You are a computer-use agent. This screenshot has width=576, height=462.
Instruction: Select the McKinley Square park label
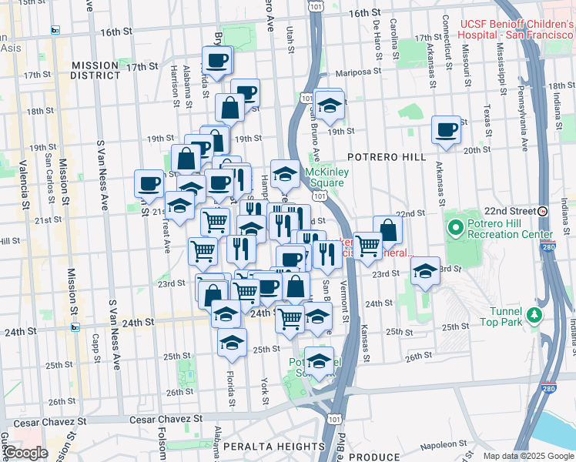(x=327, y=177)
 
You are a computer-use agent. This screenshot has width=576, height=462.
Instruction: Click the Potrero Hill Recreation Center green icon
(x=456, y=227)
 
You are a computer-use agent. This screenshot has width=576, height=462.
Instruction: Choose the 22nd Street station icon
(x=543, y=211)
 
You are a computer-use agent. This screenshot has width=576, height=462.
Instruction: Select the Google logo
(x=25, y=453)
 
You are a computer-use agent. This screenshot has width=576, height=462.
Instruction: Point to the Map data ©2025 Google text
(x=527, y=456)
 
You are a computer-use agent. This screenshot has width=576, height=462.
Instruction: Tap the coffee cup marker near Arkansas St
(x=446, y=130)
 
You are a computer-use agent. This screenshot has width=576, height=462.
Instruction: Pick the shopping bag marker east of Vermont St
(x=388, y=229)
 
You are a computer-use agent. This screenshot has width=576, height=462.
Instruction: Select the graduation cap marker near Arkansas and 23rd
(x=424, y=271)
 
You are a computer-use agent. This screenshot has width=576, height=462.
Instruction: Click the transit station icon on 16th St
(x=55, y=30)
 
